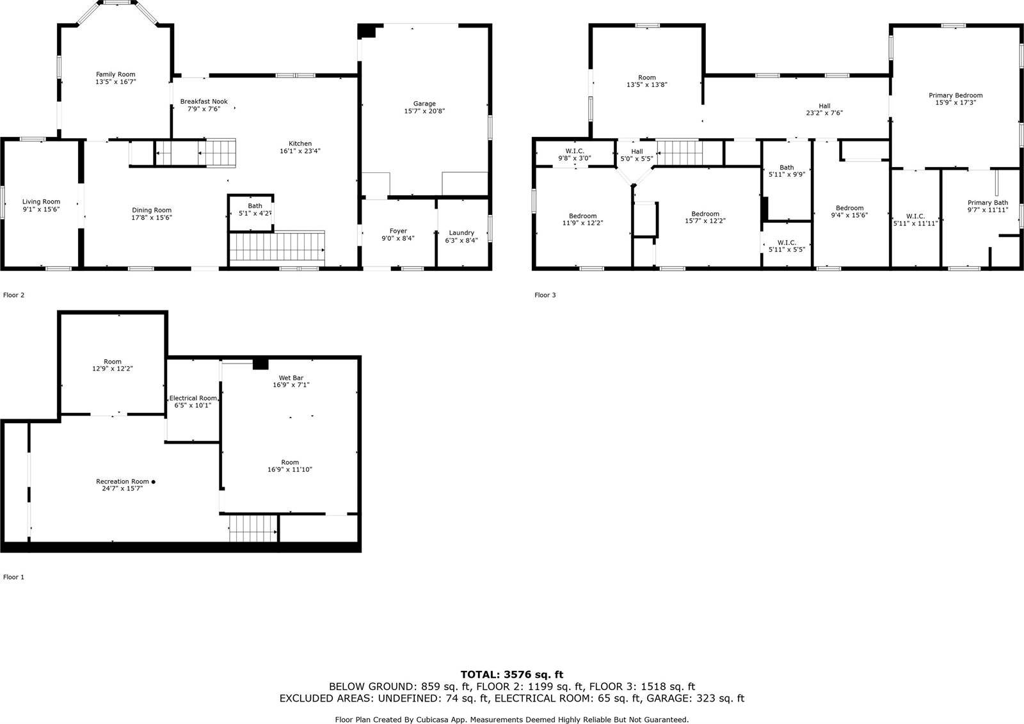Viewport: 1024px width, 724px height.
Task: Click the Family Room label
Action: tap(116, 75)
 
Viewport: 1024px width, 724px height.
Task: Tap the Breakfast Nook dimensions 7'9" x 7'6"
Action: tap(204, 109)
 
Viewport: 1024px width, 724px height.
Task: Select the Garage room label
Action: tap(424, 104)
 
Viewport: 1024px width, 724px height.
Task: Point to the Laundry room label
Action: tap(461, 233)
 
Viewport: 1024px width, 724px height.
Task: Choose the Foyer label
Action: tap(398, 231)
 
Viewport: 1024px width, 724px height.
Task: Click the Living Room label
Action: tap(41, 202)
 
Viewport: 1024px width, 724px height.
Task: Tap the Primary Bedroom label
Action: tap(956, 95)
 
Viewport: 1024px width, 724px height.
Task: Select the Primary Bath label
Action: tap(988, 203)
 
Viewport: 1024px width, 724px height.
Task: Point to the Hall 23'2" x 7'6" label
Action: tap(824, 106)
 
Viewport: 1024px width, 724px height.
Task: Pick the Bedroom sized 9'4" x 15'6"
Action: tap(849, 208)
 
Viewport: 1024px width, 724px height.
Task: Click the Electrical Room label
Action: tap(193, 398)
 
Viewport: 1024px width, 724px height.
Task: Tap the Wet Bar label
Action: tap(291, 378)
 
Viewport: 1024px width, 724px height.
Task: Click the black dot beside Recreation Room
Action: tap(153, 481)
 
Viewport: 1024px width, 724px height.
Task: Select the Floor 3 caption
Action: tap(545, 295)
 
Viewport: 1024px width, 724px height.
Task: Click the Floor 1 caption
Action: tap(13, 577)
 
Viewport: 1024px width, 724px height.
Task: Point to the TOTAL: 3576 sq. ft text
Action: tap(511, 674)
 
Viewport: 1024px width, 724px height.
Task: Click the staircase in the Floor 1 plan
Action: tap(253, 528)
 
